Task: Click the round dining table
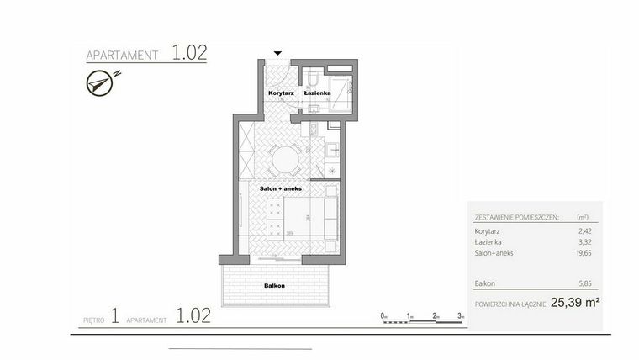[x=286, y=157]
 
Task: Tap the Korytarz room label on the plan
[x=280, y=92]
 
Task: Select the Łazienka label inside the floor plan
[x=317, y=92]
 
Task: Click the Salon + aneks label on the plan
[x=280, y=188]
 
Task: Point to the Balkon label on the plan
[x=274, y=286]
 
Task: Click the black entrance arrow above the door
[x=278, y=52]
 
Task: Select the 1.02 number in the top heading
[x=189, y=53]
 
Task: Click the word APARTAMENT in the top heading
[x=123, y=56]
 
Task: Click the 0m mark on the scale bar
[x=383, y=315]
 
